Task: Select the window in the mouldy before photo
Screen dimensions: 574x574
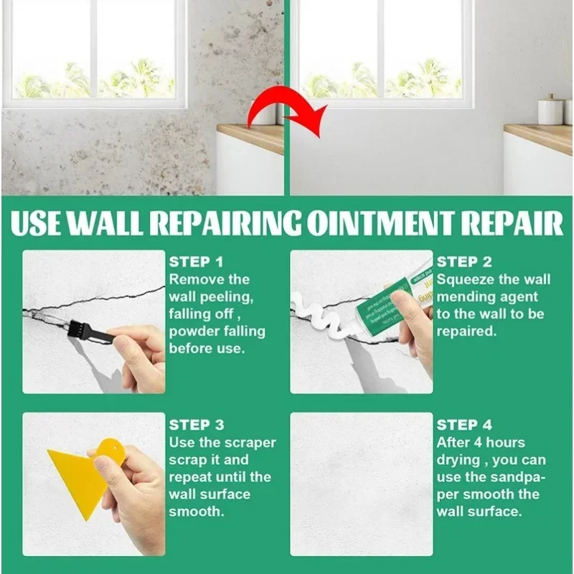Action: click(93, 50)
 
